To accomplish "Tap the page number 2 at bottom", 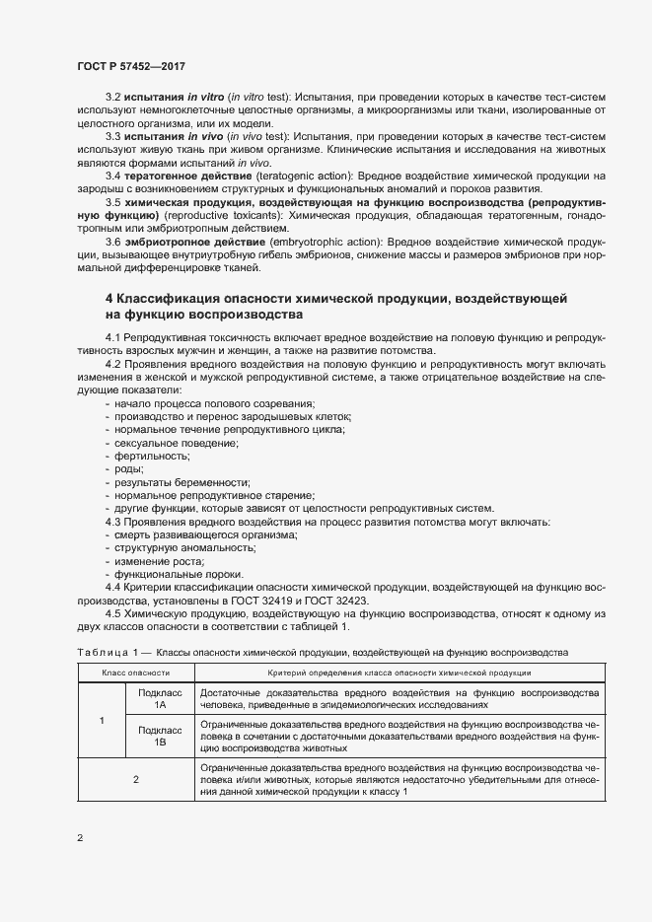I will (79, 838).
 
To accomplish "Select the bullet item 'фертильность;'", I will (152, 456).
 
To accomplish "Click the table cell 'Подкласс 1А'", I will (160, 700).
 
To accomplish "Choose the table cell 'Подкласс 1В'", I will (160, 737).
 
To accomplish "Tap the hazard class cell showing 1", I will (102, 719).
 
